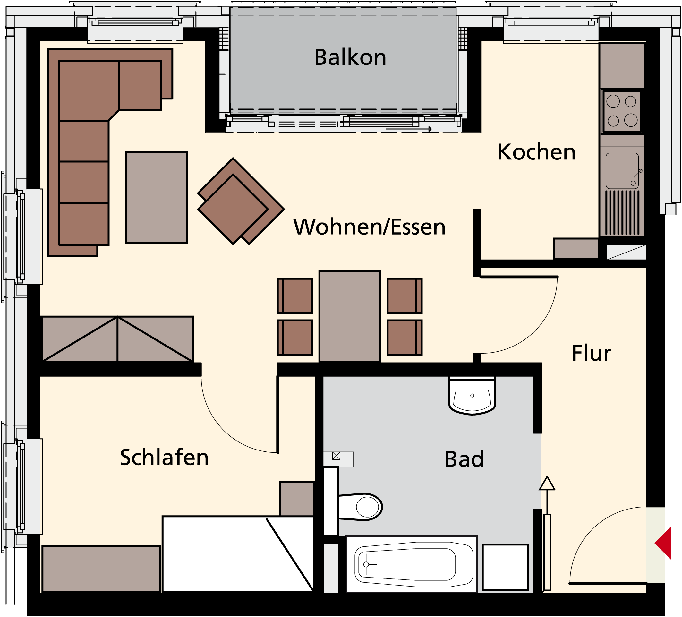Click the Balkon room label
tap(350, 57)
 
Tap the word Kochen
tap(537, 152)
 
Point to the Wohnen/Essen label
tap(369, 227)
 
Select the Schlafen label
tap(165, 457)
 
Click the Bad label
tap(464, 459)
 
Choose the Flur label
tap(591, 353)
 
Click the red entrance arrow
tap(663, 543)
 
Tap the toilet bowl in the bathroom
tap(360, 507)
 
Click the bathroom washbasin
tap(472, 396)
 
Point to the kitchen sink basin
tap(622, 171)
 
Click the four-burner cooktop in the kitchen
tap(622, 111)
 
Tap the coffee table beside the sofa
tap(157, 197)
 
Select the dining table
tap(350, 317)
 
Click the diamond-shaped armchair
tap(241, 201)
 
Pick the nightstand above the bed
tap(297, 499)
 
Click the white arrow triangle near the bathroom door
tap(547, 484)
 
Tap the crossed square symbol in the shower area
tap(336, 456)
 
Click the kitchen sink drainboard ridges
tap(622, 213)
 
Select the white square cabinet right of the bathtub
tap(506, 567)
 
